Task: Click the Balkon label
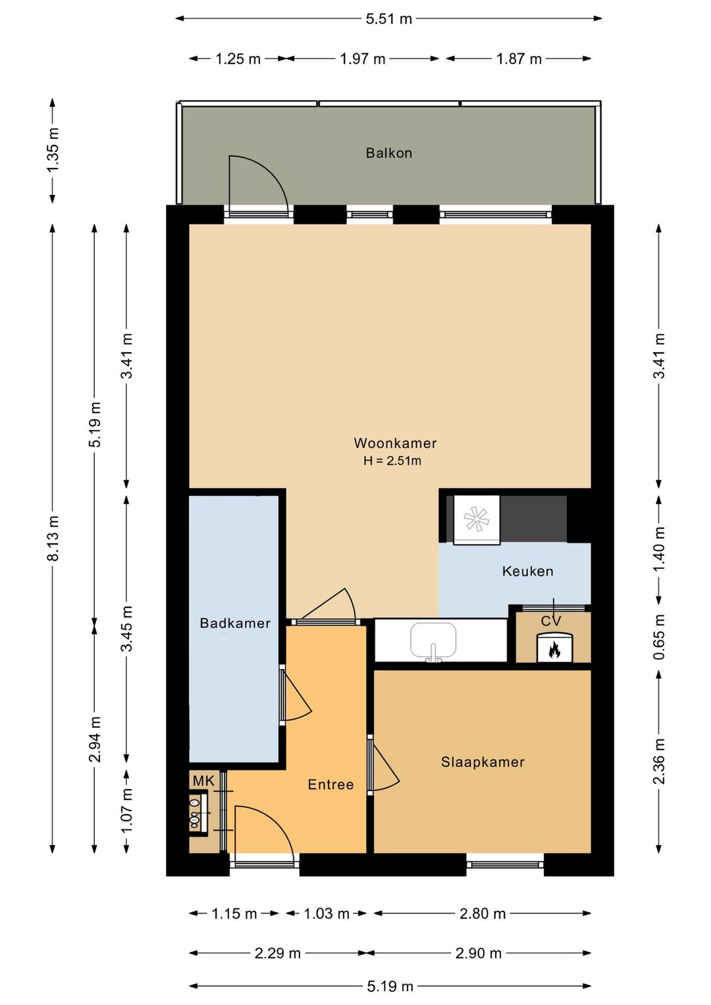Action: point(389,153)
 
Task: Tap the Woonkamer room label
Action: point(395,443)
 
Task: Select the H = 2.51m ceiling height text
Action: point(392,461)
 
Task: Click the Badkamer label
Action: point(235,623)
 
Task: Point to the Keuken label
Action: point(527,571)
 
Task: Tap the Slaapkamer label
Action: point(483,762)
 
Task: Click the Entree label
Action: point(330,784)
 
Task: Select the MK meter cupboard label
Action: point(203,781)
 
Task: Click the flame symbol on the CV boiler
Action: point(554,650)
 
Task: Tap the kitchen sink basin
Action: point(433,639)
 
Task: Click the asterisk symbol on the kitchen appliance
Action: point(475,519)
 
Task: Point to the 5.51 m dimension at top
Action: point(388,19)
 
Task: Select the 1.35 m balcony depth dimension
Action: point(53,150)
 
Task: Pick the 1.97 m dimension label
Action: point(363,59)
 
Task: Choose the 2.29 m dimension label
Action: point(277,953)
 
